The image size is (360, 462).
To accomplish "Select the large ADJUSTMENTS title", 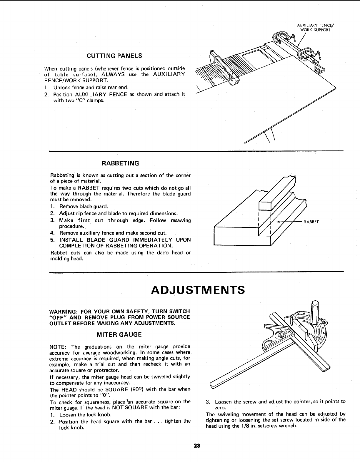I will pyautogui.click(x=198, y=290).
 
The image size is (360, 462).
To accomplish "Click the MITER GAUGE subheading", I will pyautogui.click(x=119, y=334).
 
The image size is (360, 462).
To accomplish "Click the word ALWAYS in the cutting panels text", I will pyautogui.click(x=115, y=74).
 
